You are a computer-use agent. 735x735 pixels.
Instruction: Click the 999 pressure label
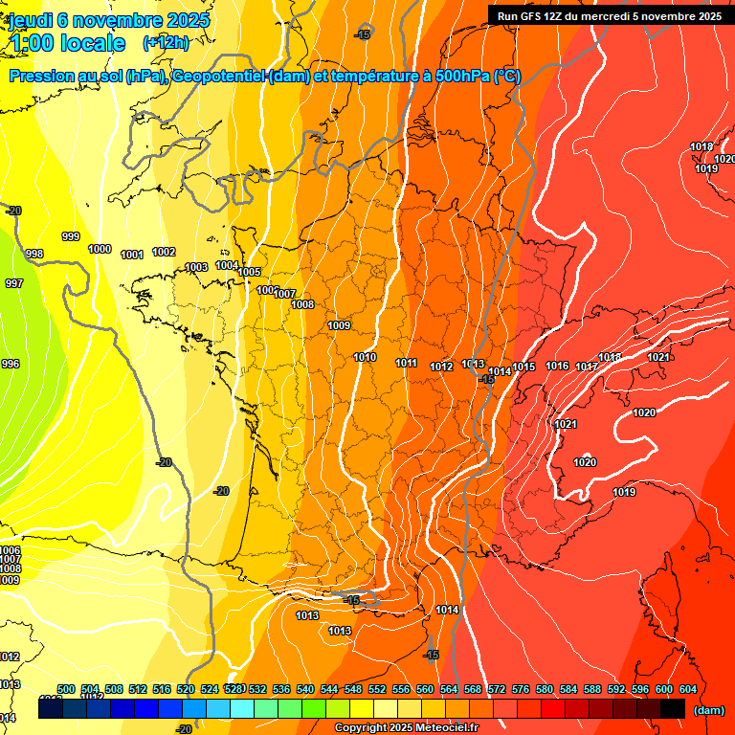click(71, 236)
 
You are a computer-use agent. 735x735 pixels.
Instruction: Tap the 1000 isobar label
click(100, 249)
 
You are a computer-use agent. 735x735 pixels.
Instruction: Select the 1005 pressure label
click(249, 272)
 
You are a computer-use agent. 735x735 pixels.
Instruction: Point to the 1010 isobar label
click(365, 357)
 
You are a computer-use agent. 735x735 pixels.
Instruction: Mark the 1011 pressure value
click(407, 363)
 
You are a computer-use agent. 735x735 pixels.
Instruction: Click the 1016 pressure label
click(557, 366)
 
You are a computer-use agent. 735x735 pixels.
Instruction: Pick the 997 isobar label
click(14, 283)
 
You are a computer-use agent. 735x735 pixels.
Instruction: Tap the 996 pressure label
click(11, 364)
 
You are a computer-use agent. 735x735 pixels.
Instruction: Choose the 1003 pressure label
click(196, 267)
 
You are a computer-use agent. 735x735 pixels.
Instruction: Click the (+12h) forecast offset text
click(165, 42)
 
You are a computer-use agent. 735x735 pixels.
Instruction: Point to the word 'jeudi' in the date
click(31, 19)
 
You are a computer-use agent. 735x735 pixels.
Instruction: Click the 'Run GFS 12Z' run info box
click(609, 15)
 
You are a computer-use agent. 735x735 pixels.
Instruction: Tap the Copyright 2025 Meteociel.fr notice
click(406, 728)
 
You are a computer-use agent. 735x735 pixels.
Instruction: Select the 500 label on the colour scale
click(66, 689)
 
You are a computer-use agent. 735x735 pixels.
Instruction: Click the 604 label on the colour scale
click(688, 689)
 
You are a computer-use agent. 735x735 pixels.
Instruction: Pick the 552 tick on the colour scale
click(377, 689)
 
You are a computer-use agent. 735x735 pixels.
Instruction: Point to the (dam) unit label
click(708, 709)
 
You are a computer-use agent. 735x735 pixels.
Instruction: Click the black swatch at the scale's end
click(672, 708)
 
